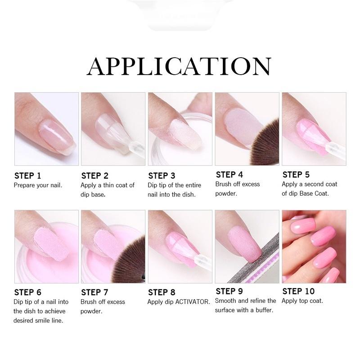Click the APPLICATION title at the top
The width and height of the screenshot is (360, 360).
[179, 66]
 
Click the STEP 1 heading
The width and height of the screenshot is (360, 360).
[27, 175]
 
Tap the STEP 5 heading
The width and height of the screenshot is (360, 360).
[296, 175]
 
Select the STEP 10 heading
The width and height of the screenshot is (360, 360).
[298, 292]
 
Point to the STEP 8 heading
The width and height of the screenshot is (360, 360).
[162, 292]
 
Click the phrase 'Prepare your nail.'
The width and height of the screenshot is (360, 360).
[38, 185]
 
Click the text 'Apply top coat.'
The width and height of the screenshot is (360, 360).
[302, 301]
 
